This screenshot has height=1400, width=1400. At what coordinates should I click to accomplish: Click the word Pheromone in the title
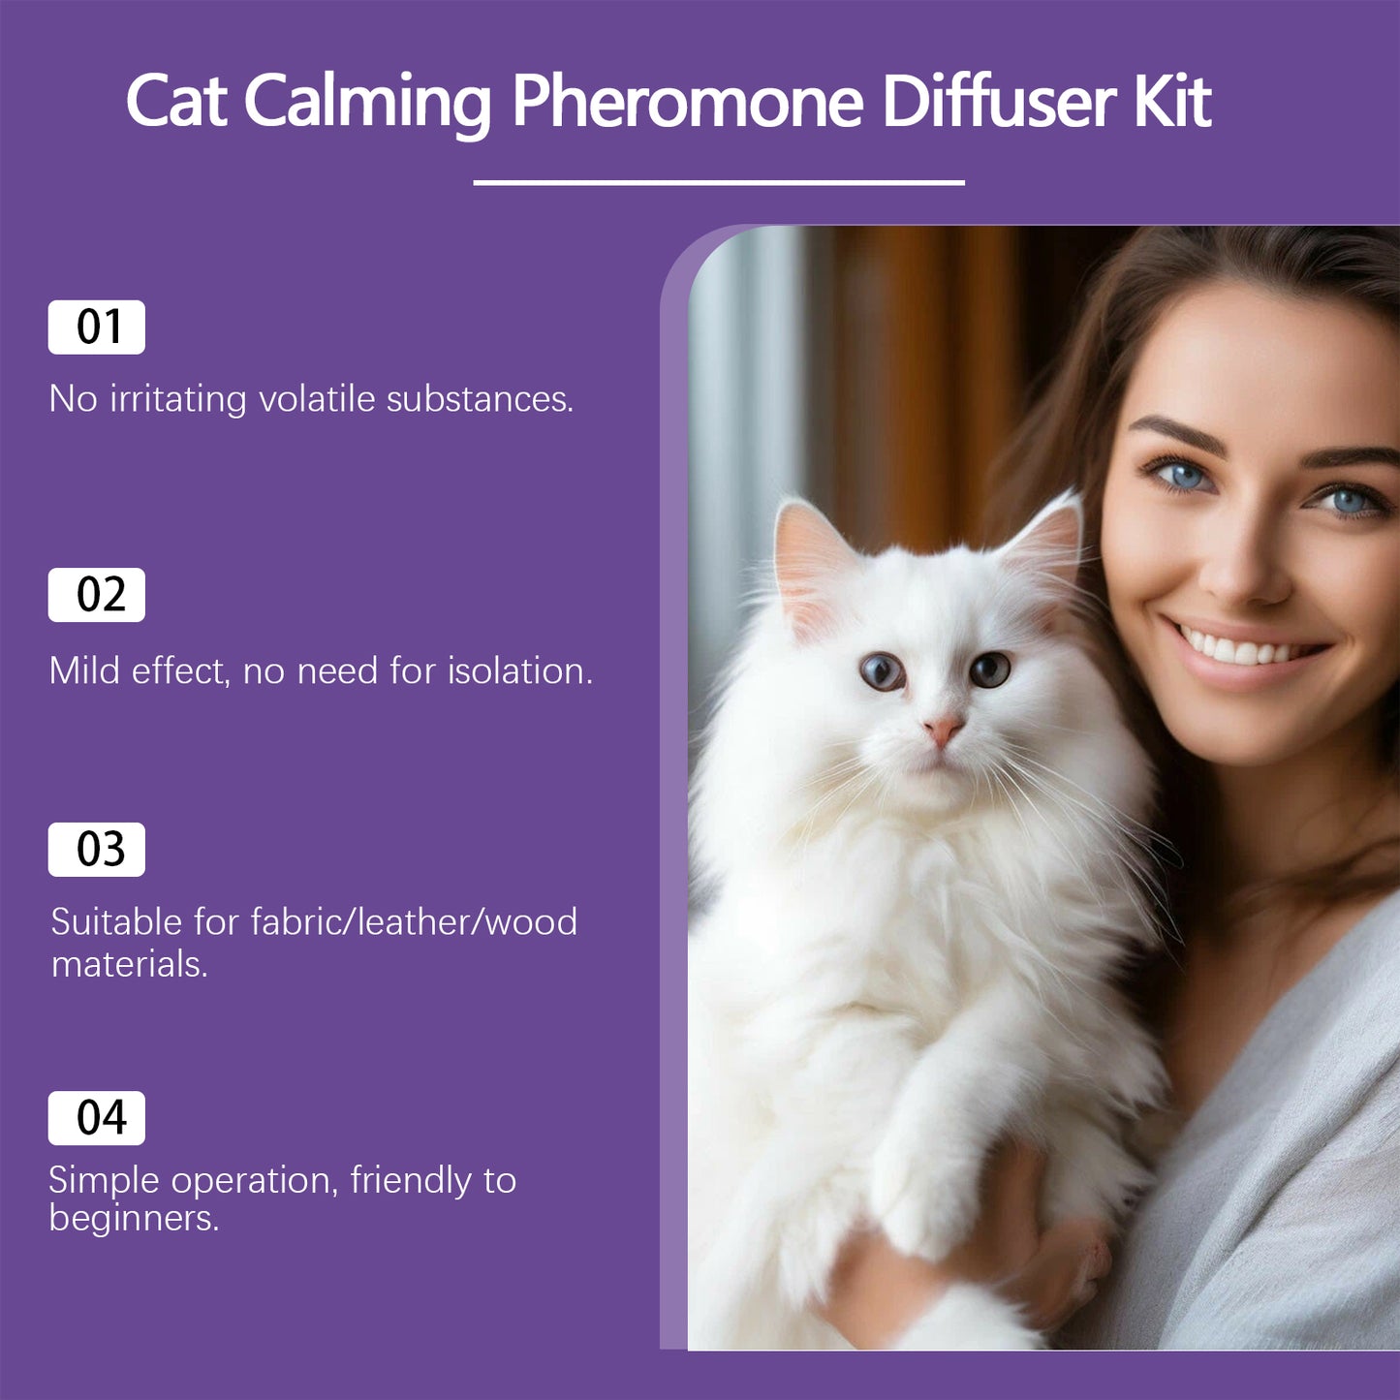coord(687,102)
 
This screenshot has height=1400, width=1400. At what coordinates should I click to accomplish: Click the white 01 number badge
coord(97,327)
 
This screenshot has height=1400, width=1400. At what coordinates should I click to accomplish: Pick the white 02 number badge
coord(97,595)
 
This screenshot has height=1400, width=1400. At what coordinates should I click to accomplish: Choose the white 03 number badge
coord(97,850)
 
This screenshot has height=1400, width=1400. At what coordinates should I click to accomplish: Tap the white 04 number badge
coord(97,1117)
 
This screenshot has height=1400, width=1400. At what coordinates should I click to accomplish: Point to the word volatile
coord(317,398)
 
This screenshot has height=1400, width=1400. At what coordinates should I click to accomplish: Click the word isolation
coord(519,669)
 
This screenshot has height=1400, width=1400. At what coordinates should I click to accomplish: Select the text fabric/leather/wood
coord(414,921)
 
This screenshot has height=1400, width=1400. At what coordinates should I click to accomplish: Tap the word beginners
coord(134,1219)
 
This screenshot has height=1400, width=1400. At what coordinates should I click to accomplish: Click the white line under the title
coord(719,182)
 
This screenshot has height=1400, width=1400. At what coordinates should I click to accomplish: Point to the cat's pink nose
coord(943,730)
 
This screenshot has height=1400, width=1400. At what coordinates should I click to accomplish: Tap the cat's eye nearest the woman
coord(989,669)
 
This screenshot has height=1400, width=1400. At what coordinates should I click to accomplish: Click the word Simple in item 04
coord(104,1182)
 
